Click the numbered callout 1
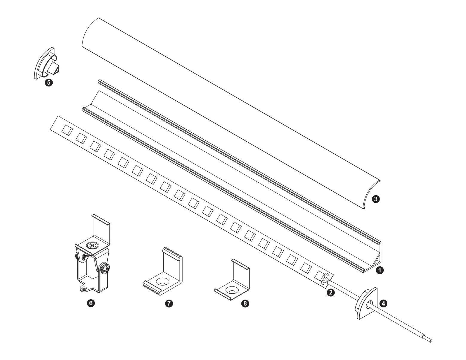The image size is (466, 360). point(380,270)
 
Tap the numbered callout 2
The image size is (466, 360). point(331,292)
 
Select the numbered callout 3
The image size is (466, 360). point(375,199)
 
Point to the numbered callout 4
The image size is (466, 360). point(383,303)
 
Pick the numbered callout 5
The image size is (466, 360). point(49,83)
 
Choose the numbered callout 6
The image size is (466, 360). point(91,303)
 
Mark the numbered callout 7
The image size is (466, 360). point(169,303)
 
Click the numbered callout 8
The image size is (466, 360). point(245,303)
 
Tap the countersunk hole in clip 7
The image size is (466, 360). point(162,282)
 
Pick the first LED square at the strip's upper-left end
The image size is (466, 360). point(67,130)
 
